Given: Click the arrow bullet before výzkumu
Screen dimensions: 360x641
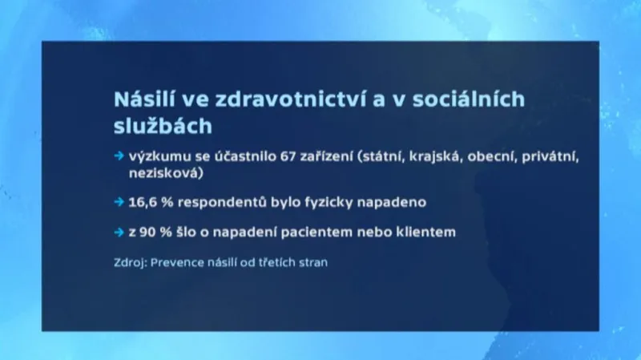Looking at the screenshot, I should (x=119, y=156).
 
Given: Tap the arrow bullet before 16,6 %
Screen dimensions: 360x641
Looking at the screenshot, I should (x=119, y=202).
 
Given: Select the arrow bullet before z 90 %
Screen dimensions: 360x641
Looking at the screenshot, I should (x=119, y=233).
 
